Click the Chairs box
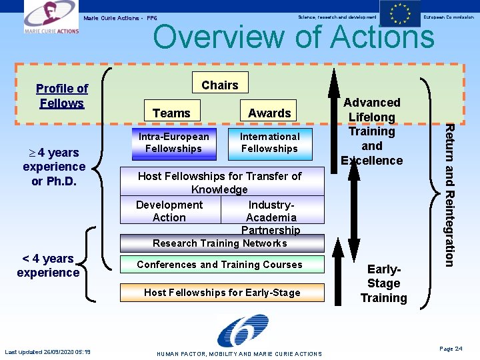(219, 85)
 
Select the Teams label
(171, 113)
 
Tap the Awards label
(269, 113)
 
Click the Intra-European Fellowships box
(173, 143)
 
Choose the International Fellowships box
(269, 143)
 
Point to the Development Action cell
(169, 211)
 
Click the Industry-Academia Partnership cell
(271, 217)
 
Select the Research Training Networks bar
(220, 243)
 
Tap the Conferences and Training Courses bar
(220, 265)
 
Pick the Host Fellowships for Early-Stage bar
(222, 292)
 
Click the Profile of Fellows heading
(62, 96)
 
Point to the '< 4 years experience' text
(48, 265)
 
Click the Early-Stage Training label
(383, 283)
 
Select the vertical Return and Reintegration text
(450, 195)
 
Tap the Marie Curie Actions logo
(51, 18)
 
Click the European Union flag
(400, 14)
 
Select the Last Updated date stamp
(47, 352)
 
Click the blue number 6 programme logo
(242, 331)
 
